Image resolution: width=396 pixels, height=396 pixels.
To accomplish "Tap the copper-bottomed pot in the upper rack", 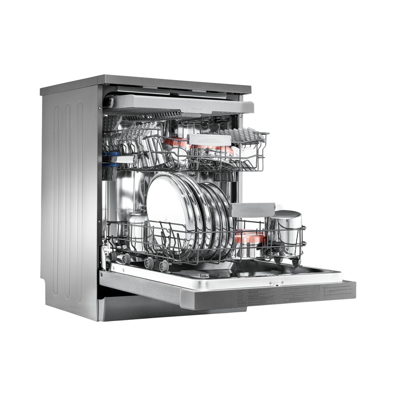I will click(x=175, y=144).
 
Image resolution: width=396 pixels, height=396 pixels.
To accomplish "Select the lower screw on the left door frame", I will click(x=99, y=221).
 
